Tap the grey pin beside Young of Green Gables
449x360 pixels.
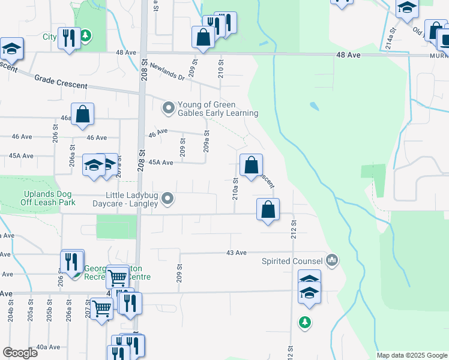[169, 108]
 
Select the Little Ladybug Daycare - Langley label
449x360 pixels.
[131, 199]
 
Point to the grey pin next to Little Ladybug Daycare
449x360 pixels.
[169, 199]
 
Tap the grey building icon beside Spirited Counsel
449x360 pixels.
[331, 260]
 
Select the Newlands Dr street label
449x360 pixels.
[167, 72]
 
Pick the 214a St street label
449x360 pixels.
[391, 39]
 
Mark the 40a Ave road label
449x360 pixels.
[48, 347]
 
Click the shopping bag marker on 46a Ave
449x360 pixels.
[82, 113]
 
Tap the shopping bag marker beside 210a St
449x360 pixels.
[252, 164]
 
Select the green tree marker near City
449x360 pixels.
[86, 36]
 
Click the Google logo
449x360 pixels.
[20, 352]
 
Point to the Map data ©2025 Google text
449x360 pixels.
[411, 355]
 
